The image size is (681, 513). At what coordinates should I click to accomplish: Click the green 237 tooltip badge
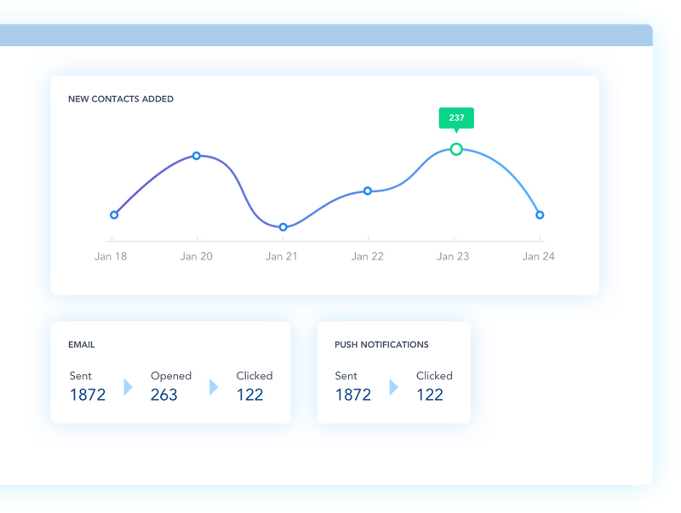456,118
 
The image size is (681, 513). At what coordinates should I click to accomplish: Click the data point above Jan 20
197,156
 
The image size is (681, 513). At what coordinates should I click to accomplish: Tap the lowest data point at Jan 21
283,227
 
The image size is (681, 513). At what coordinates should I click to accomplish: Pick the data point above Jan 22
368,191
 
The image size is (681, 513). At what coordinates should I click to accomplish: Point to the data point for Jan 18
114,215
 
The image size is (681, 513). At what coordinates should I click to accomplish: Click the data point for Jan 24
540,215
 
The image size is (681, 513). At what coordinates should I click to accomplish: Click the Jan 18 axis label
111,257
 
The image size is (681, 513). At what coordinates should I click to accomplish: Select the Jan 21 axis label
282,257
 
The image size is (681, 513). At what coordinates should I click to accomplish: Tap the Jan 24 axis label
539,257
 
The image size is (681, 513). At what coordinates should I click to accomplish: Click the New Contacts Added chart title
121,99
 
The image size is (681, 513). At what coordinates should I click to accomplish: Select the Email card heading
81,345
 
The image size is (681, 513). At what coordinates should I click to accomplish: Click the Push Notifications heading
381,345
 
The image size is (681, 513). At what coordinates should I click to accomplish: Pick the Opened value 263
164,395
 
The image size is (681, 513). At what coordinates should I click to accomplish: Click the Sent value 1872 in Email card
88,395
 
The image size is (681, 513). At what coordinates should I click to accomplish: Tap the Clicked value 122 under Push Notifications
430,395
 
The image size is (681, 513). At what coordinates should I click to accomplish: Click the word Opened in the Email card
171,376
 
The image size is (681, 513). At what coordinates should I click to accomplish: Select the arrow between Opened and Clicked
214,387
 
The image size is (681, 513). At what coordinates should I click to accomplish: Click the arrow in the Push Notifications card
393,387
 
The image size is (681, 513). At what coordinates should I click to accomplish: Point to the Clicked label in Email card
255,376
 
